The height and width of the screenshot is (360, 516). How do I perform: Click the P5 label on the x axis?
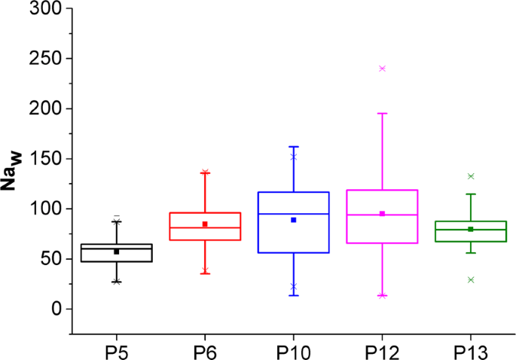pos(116,352)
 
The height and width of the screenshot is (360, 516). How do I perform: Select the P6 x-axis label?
pos(204,352)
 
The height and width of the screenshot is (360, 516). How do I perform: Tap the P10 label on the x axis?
pos(293,352)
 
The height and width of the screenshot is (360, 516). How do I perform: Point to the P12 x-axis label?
pos(382,352)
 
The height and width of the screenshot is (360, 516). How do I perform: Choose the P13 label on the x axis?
pos(470,352)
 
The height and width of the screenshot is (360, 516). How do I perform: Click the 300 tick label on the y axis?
pos(46,9)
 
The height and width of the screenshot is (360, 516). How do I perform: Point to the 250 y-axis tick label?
pos(46,59)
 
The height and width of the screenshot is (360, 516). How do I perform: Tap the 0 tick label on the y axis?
pos(57,309)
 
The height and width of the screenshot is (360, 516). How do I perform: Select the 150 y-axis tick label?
pos(46,159)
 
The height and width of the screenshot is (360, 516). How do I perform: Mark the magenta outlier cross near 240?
pos(382,69)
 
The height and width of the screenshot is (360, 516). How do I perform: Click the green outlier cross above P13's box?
pos(470,176)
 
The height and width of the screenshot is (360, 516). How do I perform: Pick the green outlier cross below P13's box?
pos(470,279)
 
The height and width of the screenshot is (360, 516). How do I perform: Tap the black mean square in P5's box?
pos(116,252)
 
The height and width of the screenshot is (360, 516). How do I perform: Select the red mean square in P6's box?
pos(204,224)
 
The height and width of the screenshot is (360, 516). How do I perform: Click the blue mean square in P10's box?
pos(293,220)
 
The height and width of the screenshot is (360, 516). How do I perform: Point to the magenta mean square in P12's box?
pos(382,214)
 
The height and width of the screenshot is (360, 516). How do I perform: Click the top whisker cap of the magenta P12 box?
pos(382,113)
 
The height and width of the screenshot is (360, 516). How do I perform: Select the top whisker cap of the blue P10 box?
pos(293,147)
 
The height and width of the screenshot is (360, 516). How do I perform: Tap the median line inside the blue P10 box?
pos(293,214)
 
